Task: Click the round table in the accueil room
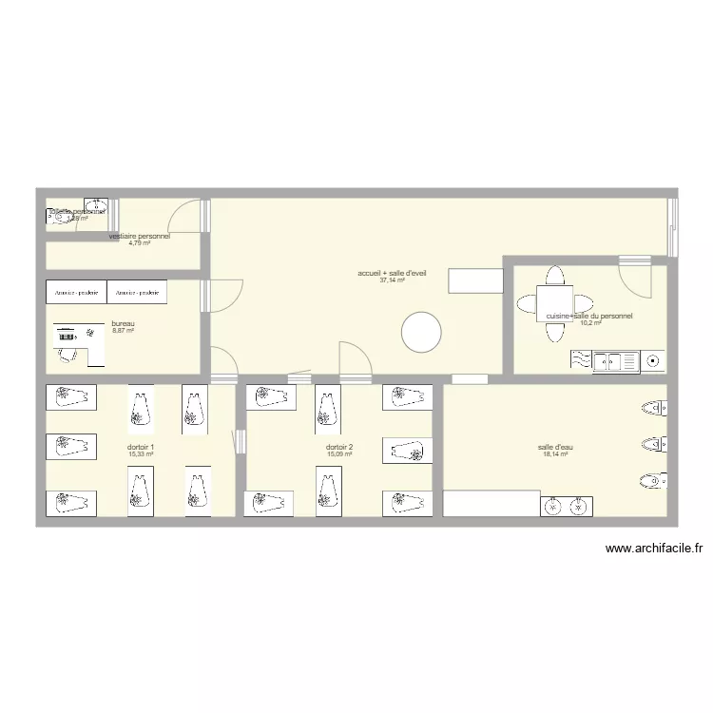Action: [421, 333]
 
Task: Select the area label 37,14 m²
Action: [392, 280]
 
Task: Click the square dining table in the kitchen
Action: [554, 304]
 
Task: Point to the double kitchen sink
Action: [615, 360]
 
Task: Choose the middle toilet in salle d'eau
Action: [653, 445]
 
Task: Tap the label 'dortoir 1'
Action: [141, 447]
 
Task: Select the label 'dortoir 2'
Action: [339, 447]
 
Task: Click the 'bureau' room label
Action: [124, 323]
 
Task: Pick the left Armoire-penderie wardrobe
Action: [76, 293]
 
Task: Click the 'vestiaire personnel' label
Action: [140, 236]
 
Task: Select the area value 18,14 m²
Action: [554, 454]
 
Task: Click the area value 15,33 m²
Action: [141, 454]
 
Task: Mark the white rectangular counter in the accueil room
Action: [474, 281]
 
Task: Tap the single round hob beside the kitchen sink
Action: [653, 360]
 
